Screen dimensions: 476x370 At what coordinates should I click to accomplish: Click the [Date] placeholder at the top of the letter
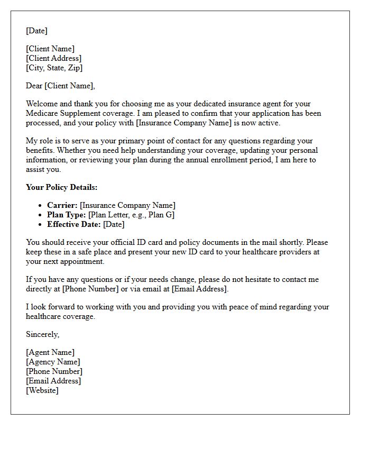pos(36,31)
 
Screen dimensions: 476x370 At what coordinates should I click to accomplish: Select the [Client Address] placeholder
pos(53,58)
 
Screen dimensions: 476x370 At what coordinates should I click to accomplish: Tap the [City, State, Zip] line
pos(54,68)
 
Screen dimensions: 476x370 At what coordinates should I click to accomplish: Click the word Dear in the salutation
pos(34,86)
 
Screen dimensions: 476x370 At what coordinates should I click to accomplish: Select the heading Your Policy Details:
pos(61,187)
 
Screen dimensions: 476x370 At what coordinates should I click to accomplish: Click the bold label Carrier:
pos(62,205)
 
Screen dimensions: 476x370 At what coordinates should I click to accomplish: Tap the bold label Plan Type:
pos(66,215)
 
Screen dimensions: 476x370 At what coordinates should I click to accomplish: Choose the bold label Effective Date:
pos(73,224)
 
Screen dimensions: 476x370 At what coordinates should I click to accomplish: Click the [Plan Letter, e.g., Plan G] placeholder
pos(131,215)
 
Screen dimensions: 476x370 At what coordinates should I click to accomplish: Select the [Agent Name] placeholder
pos(50,352)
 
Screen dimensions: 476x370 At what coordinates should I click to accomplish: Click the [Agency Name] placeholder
pos(53,362)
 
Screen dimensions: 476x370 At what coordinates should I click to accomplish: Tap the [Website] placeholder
pos(42,390)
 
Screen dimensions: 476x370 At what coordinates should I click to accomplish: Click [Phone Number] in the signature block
pos(54,371)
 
